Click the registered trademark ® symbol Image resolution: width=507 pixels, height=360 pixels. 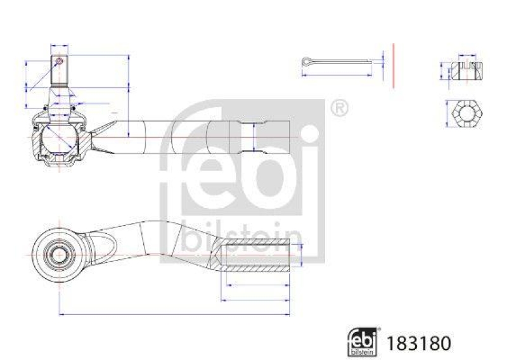click(x=339, y=108)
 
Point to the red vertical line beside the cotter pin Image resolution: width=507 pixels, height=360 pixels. click(x=394, y=65)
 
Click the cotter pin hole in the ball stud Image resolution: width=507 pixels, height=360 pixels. click(x=59, y=61)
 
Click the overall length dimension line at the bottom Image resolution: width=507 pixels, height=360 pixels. click(x=174, y=314)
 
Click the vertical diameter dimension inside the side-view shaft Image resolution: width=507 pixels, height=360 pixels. click(x=254, y=138)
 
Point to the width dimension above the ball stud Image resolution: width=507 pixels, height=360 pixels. click(x=59, y=46)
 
